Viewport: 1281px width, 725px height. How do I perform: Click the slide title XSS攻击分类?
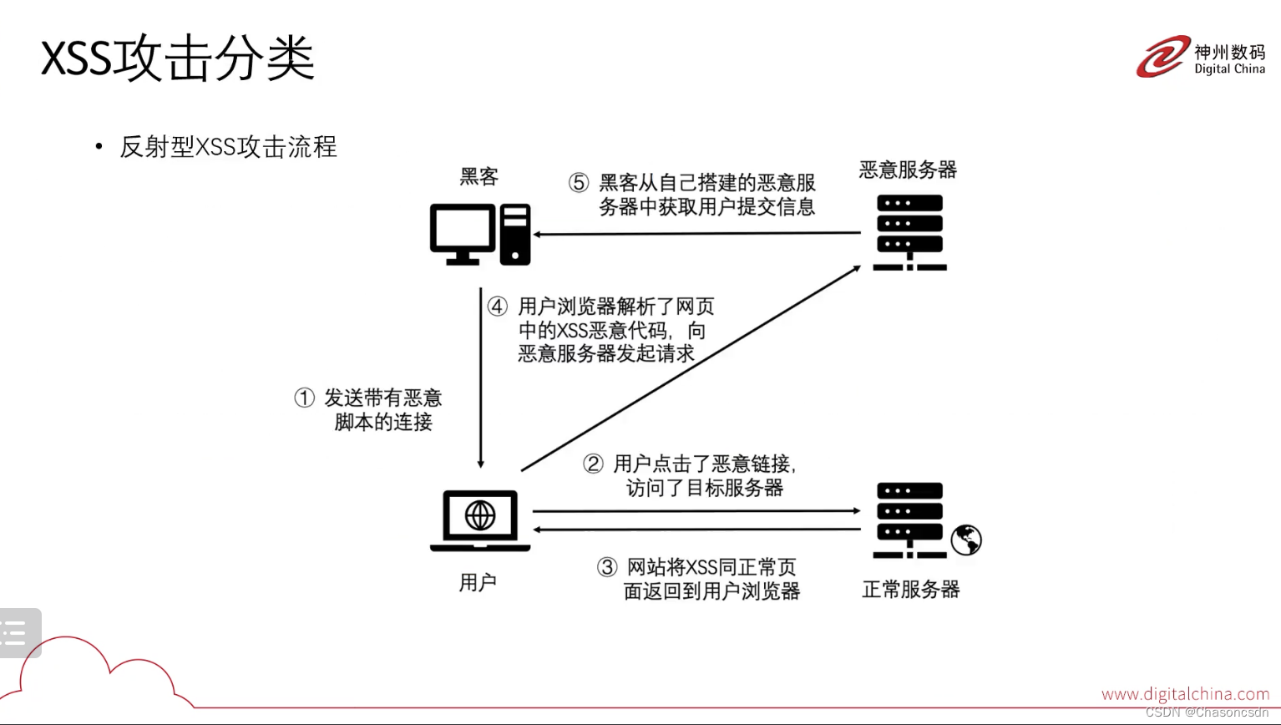click(x=177, y=58)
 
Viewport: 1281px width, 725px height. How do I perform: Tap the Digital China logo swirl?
click(x=1162, y=57)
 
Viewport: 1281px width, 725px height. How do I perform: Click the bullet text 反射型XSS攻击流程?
click(x=228, y=147)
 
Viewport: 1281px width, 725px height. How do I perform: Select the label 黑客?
click(x=478, y=176)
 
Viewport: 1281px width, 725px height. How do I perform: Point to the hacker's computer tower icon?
click(x=515, y=235)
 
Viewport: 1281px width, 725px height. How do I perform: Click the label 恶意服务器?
click(x=908, y=170)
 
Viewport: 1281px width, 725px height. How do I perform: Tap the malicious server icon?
click(x=909, y=232)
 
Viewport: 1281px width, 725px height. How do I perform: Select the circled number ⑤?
click(x=579, y=183)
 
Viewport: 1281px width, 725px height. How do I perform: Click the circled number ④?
click(x=498, y=307)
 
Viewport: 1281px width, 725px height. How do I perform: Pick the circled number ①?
click(x=304, y=398)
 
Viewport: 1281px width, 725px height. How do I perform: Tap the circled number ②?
click(x=593, y=464)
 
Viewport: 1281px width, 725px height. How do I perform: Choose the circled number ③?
click(x=607, y=568)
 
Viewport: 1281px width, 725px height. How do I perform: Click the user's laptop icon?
click(x=480, y=520)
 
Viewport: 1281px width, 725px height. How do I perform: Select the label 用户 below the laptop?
click(x=478, y=582)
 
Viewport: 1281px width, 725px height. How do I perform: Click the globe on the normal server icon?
click(x=966, y=540)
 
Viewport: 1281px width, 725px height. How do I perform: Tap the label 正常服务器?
click(x=910, y=590)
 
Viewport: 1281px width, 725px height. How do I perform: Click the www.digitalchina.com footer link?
click(x=1185, y=694)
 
